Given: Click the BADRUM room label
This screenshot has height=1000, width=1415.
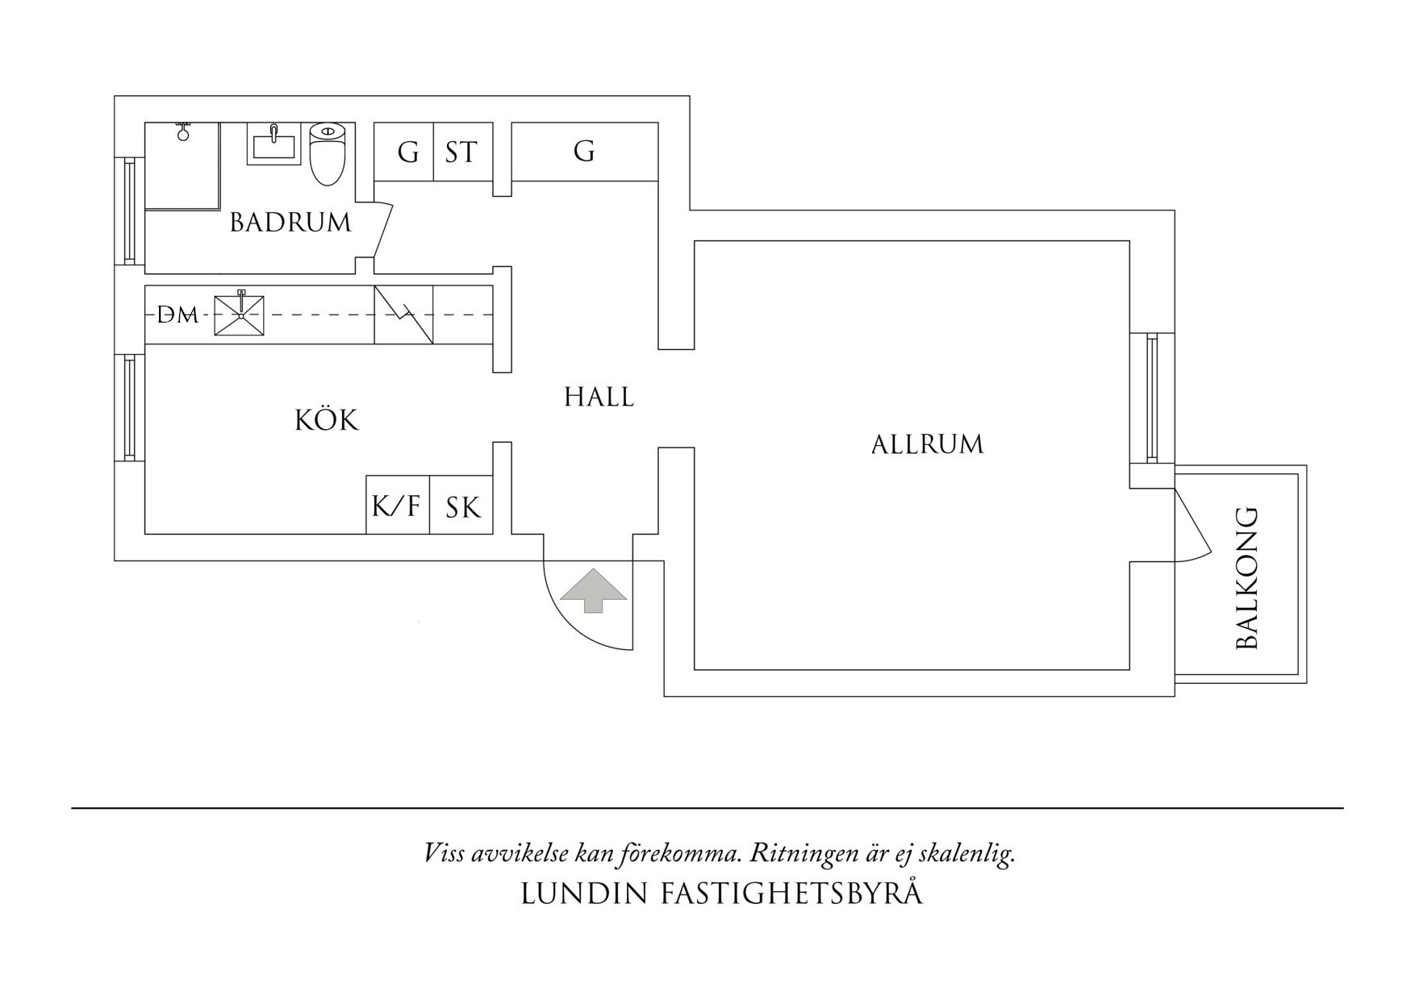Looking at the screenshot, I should click(290, 222).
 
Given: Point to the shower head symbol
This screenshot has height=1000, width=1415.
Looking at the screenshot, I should click(183, 131).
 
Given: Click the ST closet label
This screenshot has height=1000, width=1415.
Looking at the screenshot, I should click(461, 152).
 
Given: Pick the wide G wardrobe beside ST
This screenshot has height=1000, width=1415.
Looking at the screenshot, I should click(584, 152).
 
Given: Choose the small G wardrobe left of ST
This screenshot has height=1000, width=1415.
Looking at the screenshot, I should click(408, 152).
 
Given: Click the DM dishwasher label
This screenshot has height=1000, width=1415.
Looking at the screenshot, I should click(177, 315).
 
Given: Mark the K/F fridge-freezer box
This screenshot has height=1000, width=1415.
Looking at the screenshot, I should click(396, 506).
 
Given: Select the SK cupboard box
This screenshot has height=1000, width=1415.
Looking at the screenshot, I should click(462, 507).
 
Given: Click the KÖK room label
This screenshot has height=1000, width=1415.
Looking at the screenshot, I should click(326, 420).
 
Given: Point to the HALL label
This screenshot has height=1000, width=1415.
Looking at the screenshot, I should click(599, 397).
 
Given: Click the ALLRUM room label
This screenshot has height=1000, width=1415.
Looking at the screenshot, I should click(927, 444).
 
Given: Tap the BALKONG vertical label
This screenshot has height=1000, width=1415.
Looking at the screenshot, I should click(1247, 578).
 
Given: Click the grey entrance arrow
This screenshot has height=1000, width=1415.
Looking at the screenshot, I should click(594, 590).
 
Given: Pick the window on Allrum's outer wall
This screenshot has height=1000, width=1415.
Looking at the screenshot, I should click(1151, 398).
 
